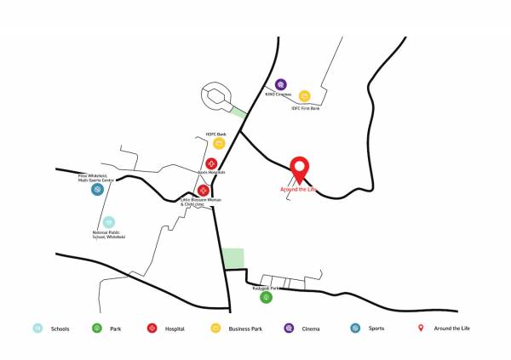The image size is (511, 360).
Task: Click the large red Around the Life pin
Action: click(x=299, y=169)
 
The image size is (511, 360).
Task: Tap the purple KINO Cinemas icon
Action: click(x=280, y=84)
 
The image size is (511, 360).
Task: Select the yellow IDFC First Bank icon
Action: click(x=304, y=96)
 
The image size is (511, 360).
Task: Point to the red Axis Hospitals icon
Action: click(x=211, y=163)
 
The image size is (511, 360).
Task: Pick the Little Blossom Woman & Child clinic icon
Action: click(x=204, y=191)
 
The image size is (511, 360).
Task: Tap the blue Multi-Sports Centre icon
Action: click(x=98, y=190)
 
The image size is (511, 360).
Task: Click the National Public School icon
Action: click(x=109, y=222)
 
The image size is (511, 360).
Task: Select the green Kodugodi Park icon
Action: click(x=266, y=297)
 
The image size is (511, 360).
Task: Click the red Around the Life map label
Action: click(x=298, y=190)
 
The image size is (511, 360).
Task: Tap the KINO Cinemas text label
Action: click(x=280, y=94)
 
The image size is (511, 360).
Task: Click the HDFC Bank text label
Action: click(x=215, y=134)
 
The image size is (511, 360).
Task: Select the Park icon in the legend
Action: click(x=96, y=329)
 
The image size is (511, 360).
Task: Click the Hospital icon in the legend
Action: click(x=151, y=329)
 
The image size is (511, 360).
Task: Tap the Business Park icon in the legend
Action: click(x=215, y=329)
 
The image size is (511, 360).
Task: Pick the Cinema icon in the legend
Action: click(x=289, y=329)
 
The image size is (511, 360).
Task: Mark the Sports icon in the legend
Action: click(x=354, y=329)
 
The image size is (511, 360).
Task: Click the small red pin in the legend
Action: click(x=420, y=328)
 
